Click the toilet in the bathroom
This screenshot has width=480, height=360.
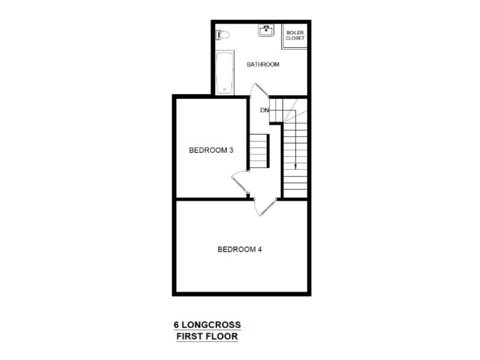click(223, 35)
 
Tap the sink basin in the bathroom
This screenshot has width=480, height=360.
click(266, 30)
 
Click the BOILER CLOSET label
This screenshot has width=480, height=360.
click(295, 35)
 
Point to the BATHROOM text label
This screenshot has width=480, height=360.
click(263, 64)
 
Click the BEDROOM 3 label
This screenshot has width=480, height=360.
click(211, 150)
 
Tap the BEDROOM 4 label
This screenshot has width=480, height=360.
click(240, 250)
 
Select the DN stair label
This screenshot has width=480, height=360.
click(264, 110)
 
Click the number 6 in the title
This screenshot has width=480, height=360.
click(176, 324)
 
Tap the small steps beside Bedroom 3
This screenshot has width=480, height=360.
click(259, 151)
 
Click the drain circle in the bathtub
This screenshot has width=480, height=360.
click(224, 89)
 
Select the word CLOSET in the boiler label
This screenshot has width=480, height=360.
click(295, 38)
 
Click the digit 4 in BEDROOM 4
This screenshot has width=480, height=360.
click(260, 250)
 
